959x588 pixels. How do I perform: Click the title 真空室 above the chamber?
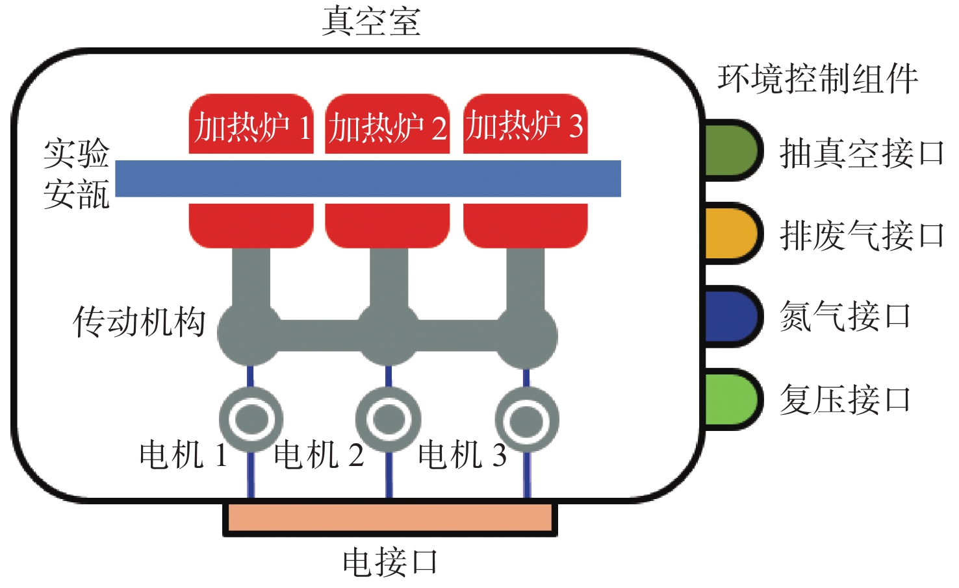(x=371, y=21)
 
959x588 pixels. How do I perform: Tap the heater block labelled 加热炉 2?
(x=387, y=125)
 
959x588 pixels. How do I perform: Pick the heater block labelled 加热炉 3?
(x=525, y=125)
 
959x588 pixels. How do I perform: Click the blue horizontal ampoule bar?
(x=368, y=178)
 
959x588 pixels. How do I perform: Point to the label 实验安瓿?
(x=77, y=174)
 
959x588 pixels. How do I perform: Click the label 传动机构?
(x=139, y=322)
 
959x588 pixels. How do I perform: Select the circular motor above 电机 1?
(x=251, y=419)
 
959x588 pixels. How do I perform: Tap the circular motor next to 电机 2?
(x=389, y=419)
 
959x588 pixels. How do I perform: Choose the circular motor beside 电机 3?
(x=526, y=420)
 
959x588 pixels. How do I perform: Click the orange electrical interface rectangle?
(x=390, y=519)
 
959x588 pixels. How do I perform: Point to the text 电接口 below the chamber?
(x=390, y=562)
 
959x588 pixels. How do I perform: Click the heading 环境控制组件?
(x=817, y=79)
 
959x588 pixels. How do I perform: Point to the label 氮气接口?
(x=845, y=317)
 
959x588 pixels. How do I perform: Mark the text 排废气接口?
(x=862, y=235)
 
